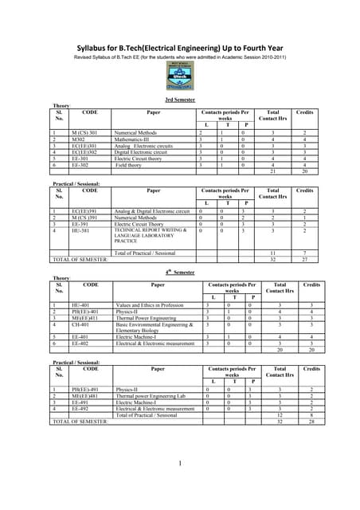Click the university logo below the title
[179, 76]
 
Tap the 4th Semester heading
[180, 273]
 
